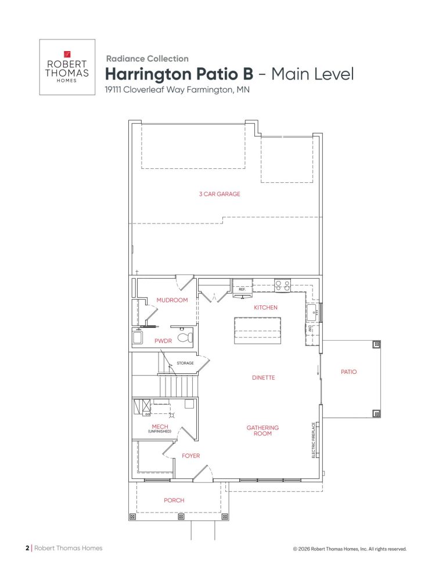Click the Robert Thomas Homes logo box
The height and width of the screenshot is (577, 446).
click(x=67, y=67)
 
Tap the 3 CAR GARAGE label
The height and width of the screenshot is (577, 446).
click(x=220, y=194)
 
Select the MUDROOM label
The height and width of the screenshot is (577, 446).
click(x=172, y=300)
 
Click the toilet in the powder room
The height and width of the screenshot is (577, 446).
click(x=185, y=337)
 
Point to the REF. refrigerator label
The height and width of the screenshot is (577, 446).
click(x=242, y=289)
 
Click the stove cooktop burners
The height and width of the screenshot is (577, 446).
click(x=282, y=286)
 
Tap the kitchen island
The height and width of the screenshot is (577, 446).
click(x=257, y=331)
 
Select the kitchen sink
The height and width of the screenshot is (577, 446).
click(x=313, y=312)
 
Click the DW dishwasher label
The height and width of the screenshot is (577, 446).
click(x=310, y=328)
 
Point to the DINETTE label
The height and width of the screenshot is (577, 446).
click(x=263, y=377)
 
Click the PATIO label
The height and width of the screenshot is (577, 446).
click(x=348, y=372)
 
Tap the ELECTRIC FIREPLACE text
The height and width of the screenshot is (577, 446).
click(x=314, y=440)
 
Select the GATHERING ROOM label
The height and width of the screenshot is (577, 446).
click(x=262, y=431)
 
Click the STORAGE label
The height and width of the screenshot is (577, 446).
click(x=185, y=363)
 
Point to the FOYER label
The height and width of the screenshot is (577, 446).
click(x=191, y=456)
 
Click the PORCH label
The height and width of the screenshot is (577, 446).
click(x=174, y=500)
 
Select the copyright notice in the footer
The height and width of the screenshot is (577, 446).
click(x=350, y=549)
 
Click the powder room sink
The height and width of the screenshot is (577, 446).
click(x=138, y=337)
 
